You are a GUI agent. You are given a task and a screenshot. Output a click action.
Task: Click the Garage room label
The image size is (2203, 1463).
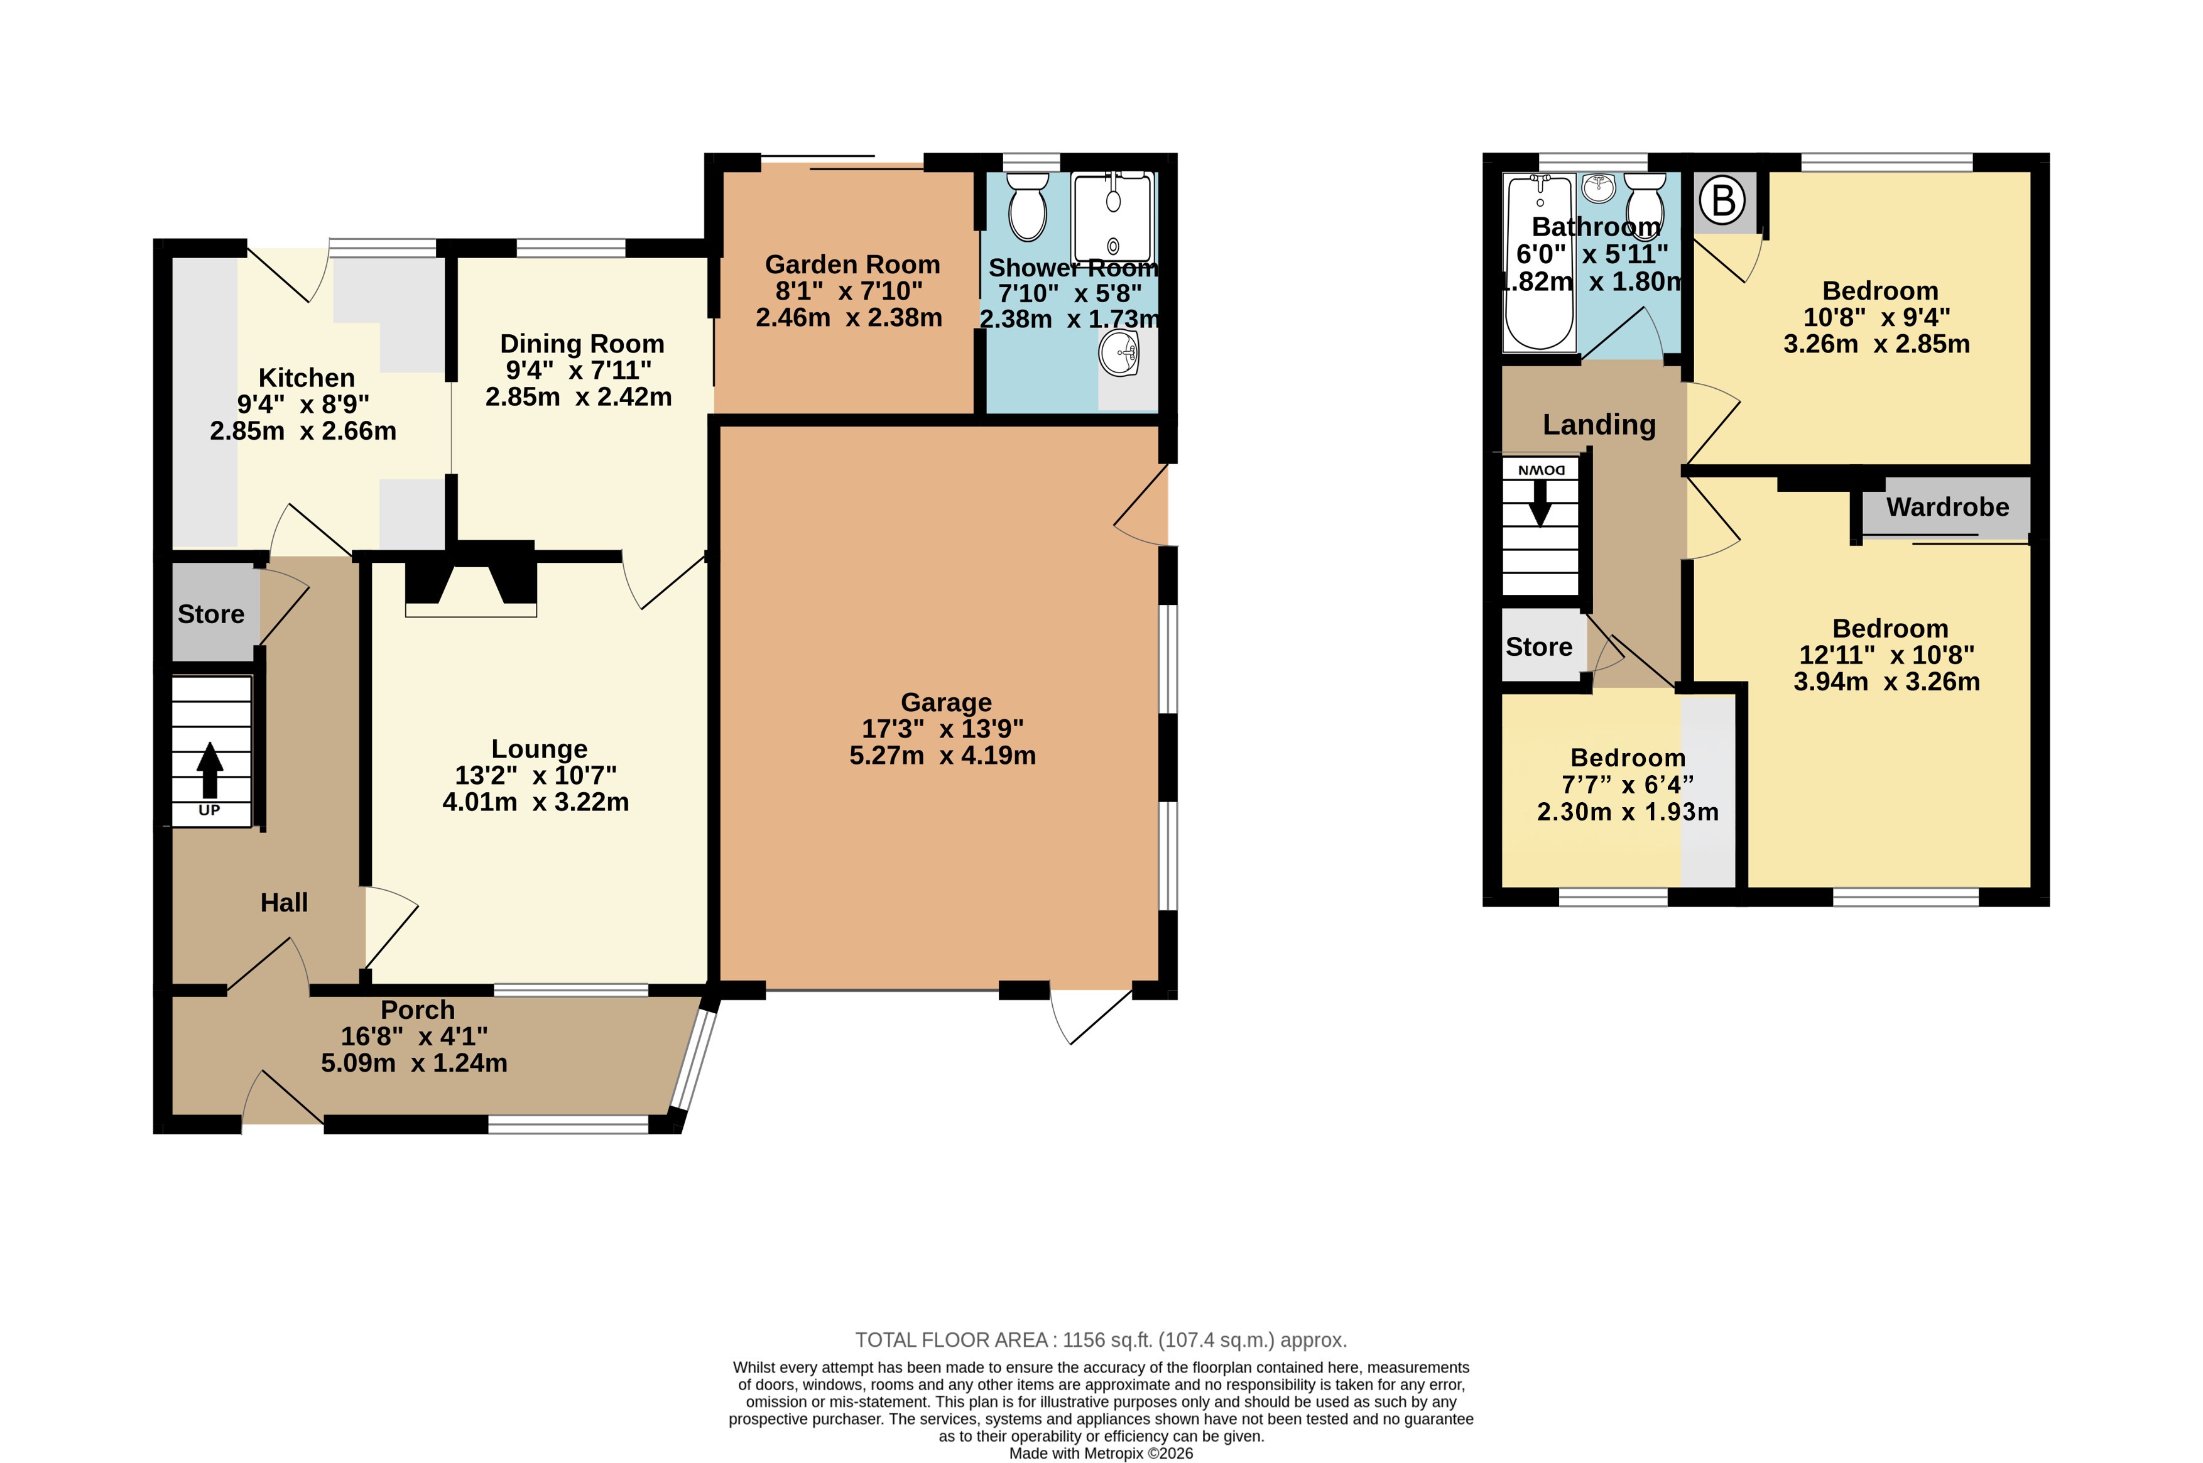[x=946, y=702]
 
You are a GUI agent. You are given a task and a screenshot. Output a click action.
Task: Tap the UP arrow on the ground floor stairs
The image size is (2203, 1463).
[x=210, y=769]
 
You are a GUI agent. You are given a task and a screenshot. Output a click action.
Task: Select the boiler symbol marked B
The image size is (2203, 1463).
[x=1722, y=200]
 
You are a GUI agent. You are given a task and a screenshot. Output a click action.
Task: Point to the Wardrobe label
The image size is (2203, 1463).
[x=1947, y=507]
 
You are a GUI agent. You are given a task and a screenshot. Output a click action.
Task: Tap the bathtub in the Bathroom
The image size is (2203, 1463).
[x=1538, y=263]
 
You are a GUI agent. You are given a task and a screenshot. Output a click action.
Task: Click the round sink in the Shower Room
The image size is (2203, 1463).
[x=1119, y=354]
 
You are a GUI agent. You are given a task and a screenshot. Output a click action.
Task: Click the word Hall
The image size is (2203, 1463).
[x=284, y=902]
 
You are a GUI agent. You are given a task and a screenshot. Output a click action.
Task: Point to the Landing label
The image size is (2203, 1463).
[x=1599, y=425]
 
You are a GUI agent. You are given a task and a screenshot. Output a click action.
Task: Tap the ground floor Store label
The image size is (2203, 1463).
[x=211, y=614]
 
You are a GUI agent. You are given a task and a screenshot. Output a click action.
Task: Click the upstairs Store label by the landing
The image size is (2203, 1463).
[x=1538, y=646]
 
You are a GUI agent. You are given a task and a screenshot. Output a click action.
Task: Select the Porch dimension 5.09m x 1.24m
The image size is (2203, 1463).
[x=415, y=1063]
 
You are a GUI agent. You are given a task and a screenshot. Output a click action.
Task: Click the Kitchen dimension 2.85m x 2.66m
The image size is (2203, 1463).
[x=303, y=431]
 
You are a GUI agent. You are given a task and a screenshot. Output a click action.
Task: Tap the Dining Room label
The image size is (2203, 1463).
[x=582, y=344]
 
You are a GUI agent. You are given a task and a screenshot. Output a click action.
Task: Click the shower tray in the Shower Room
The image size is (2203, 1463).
[x=1113, y=217]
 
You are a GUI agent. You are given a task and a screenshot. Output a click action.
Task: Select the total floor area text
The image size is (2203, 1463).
[x=1101, y=1340]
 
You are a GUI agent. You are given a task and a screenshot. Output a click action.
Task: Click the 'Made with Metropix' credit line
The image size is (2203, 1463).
[x=1101, y=1454]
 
